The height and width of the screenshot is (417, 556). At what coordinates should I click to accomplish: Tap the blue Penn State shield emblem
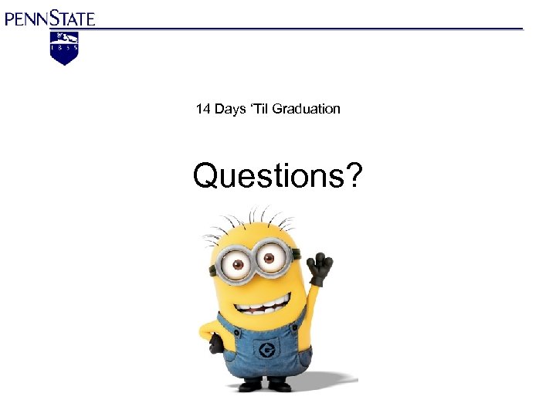[64, 48]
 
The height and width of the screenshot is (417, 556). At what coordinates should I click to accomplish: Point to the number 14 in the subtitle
[203, 109]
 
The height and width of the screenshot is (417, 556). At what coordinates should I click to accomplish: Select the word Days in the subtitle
[229, 109]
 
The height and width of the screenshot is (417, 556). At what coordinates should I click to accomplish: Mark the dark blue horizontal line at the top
[309, 29]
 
